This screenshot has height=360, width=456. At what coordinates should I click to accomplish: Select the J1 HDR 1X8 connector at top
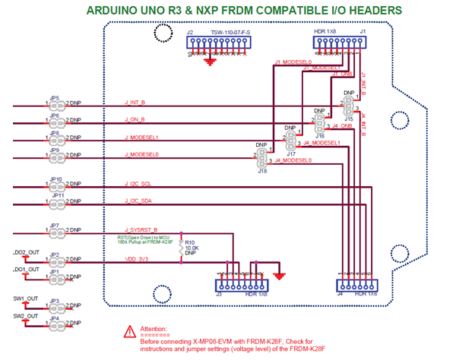click(x=340, y=45)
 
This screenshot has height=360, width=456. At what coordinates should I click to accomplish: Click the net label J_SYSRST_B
click(x=141, y=229)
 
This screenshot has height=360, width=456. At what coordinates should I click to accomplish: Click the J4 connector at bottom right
click(x=355, y=283)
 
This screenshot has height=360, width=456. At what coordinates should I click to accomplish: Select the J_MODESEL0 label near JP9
click(x=143, y=154)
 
